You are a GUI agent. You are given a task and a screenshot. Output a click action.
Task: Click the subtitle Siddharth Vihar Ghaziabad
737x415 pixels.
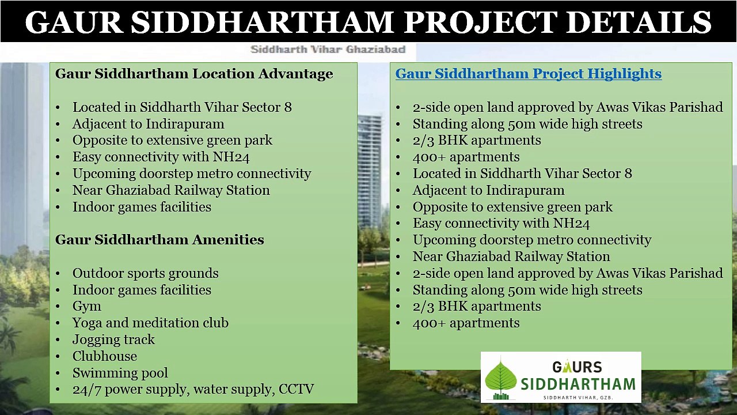[328, 50]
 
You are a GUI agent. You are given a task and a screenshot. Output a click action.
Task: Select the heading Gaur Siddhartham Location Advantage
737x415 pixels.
[194, 74]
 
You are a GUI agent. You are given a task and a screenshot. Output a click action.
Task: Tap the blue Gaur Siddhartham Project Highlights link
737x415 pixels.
[528, 74]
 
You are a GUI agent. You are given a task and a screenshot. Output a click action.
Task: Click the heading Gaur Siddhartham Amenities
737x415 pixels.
[159, 240]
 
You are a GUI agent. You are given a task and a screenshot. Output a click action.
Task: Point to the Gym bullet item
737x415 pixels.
[86, 306]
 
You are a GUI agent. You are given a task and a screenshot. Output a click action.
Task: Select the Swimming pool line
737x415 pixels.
[120, 373]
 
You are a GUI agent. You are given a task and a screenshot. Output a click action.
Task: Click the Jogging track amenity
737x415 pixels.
[113, 339]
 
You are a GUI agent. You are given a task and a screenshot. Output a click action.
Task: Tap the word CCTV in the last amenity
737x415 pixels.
[296, 389]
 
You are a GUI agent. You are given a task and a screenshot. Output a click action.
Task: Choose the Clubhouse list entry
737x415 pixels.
[104, 356]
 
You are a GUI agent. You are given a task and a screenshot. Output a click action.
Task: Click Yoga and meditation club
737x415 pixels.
[150, 323]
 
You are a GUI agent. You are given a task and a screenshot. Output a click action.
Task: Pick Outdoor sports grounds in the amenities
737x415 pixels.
[145, 273]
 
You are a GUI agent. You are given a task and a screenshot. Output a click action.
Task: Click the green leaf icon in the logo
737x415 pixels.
[500, 379]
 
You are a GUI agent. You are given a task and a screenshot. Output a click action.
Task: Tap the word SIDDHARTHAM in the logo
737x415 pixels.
[578, 383]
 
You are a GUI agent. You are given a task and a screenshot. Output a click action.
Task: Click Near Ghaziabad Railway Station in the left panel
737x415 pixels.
[171, 190]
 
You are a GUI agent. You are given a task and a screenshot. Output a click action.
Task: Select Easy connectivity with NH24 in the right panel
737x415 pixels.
[501, 223]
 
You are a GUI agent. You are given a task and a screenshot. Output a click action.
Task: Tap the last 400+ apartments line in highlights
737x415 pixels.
[466, 323]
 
